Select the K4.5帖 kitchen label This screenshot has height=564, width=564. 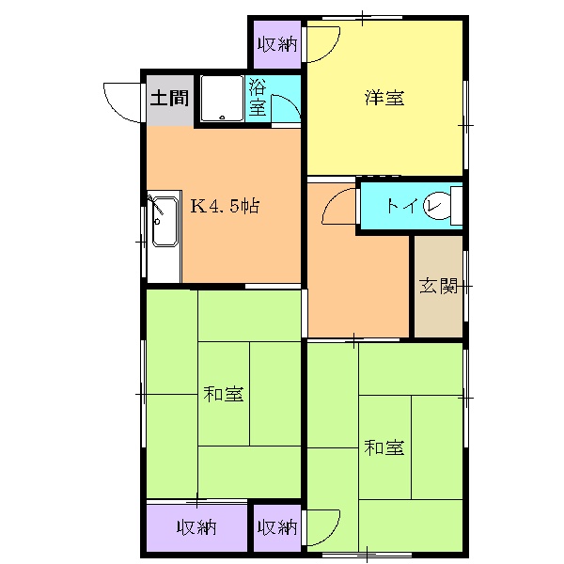tap(226, 207)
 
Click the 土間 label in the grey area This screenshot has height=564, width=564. tap(169, 97)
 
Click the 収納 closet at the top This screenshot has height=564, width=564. tap(274, 44)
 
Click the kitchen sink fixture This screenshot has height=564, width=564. tap(164, 222)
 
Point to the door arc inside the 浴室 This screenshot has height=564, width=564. tap(288, 108)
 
